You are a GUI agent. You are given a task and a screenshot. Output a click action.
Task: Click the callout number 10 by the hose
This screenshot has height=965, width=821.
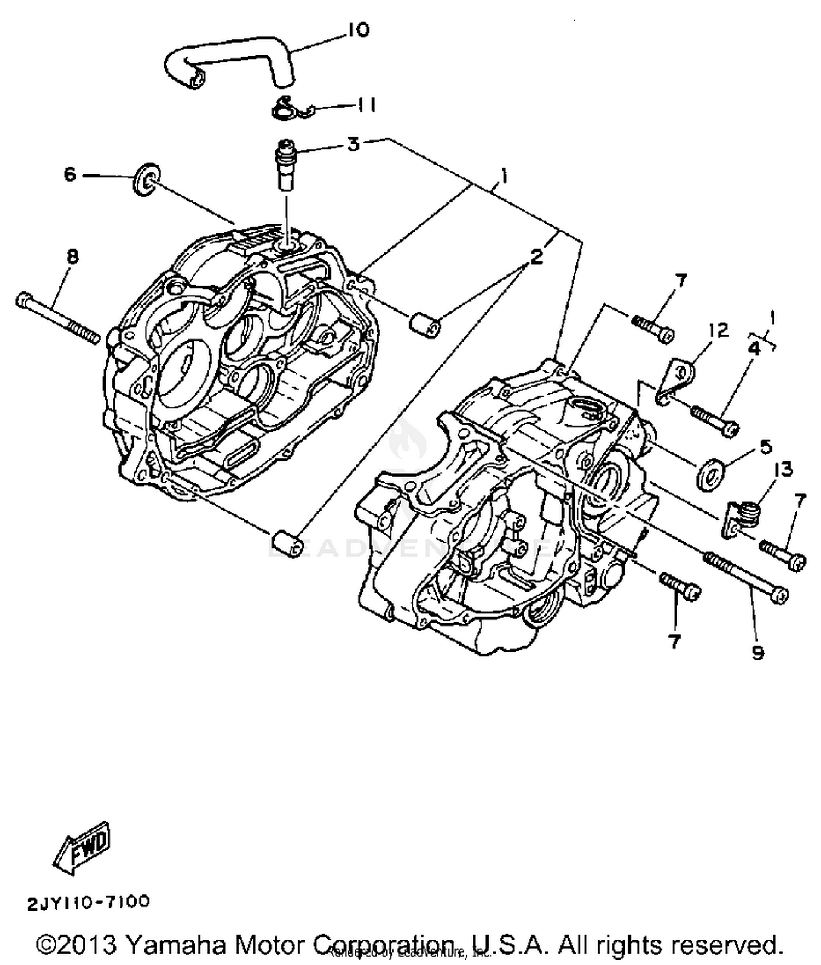coord(359,30)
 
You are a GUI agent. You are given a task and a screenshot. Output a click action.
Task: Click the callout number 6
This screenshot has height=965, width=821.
coord(70,175)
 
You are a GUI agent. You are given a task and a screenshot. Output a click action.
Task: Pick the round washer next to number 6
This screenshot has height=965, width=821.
coord(146,179)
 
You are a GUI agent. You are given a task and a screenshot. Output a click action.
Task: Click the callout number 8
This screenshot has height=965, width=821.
coord(72,256)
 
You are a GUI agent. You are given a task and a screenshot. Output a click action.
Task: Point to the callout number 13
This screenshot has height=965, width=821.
coord(783,469)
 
